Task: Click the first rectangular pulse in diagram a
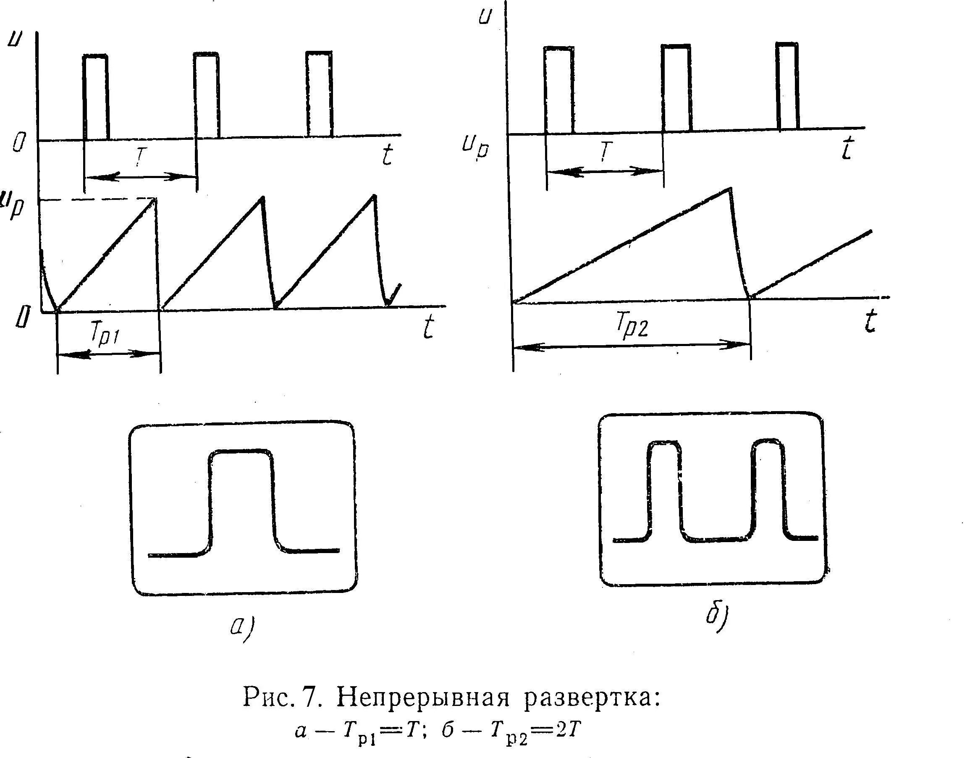(95, 95)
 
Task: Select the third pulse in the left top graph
(319, 93)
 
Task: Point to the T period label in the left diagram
(141, 156)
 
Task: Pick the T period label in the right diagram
(606, 152)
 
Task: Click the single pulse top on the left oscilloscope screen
(241, 451)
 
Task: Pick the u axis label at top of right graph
(485, 16)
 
